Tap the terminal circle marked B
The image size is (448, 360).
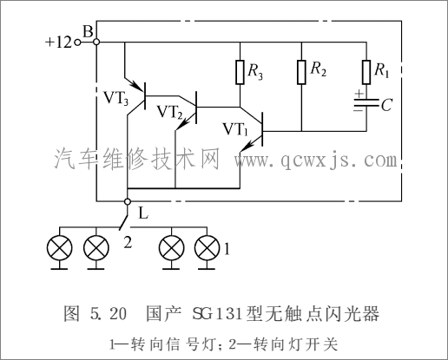[96, 42]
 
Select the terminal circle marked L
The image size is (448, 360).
[127, 201]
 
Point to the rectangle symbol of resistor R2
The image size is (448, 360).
[300, 71]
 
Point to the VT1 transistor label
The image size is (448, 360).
[235, 130]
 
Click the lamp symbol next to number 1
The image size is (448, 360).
[206, 248]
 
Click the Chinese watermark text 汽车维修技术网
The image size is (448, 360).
[139, 160]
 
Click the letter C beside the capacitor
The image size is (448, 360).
[387, 106]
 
